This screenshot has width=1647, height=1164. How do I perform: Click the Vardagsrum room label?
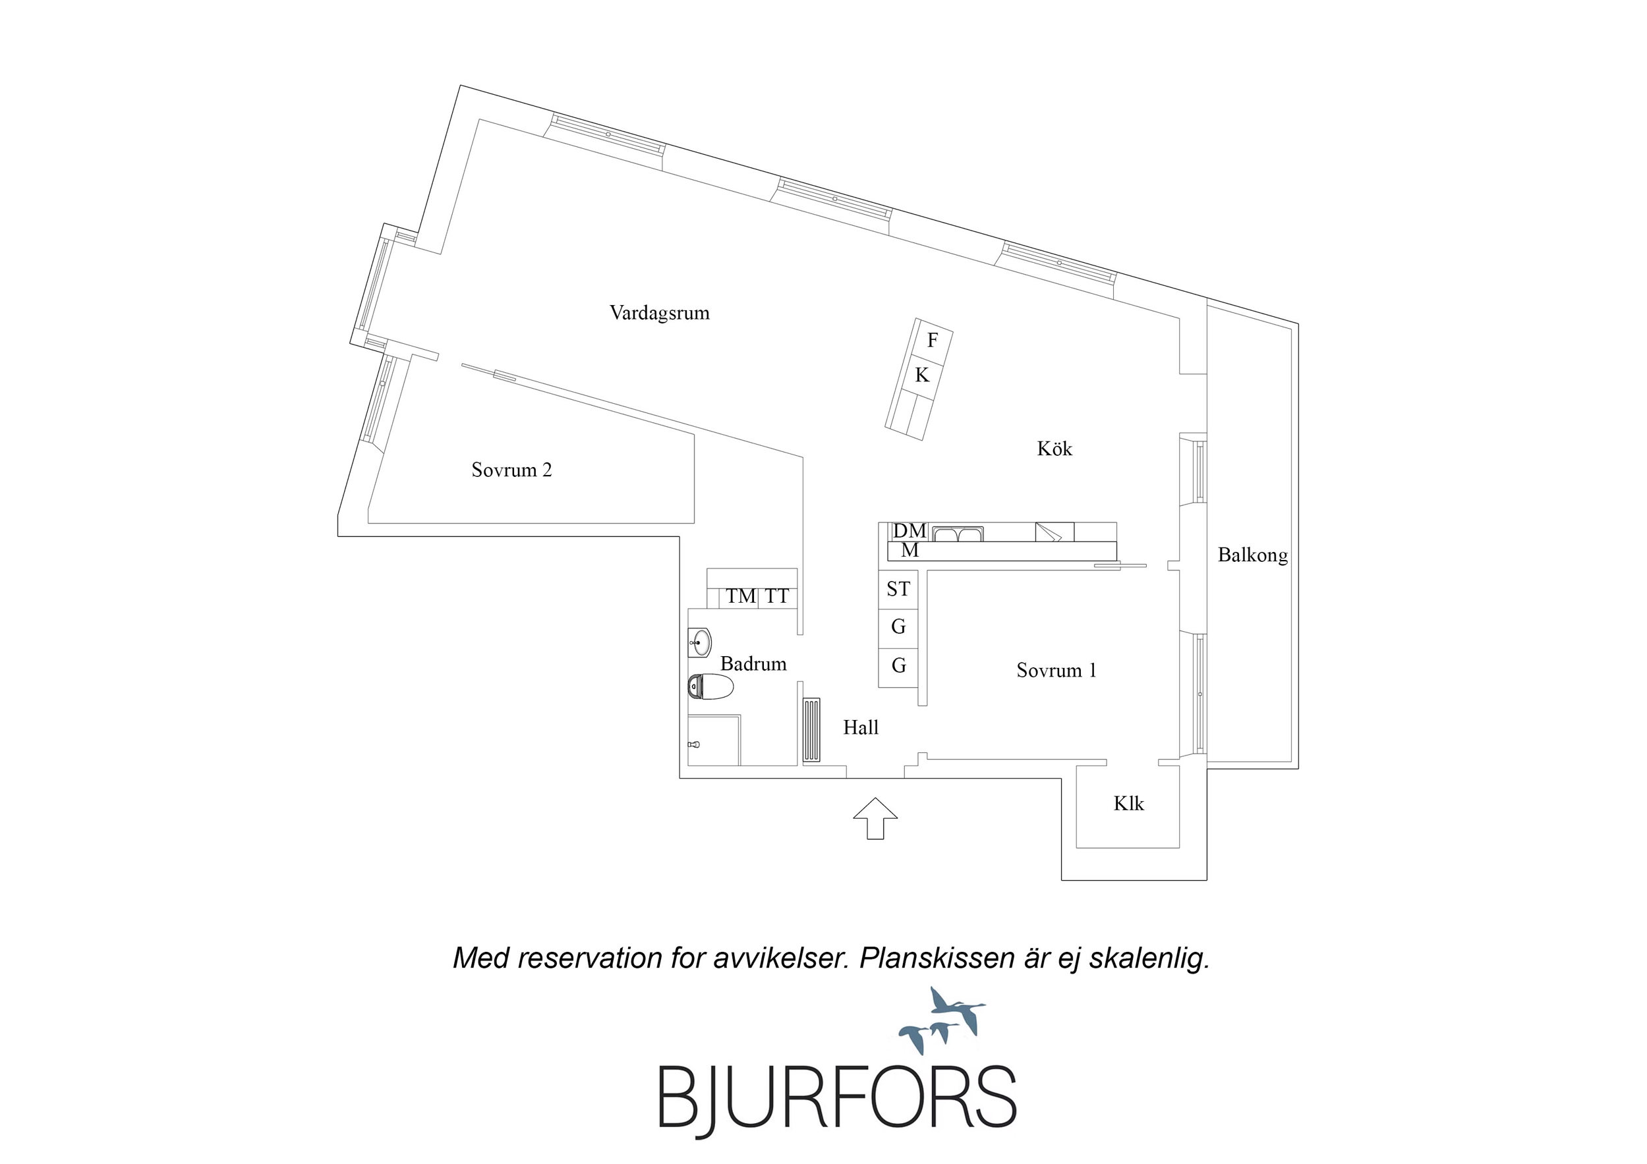[x=659, y=313]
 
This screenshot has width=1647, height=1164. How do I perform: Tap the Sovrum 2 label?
[x=511, y=470]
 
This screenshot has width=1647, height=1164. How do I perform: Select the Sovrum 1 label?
[x=1056, y=670]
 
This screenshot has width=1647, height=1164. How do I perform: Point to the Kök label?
[x=1054, y=449]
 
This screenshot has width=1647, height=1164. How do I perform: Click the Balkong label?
[x=1252, y=555]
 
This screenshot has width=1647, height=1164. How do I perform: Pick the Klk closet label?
[x=1128, y=803]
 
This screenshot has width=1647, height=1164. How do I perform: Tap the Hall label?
[x=860, y=727]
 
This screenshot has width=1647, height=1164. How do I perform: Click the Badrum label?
[x=753, y=663]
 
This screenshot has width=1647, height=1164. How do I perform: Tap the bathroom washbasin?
[x=699, y=640]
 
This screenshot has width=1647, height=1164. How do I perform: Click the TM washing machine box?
[x=740, y=596]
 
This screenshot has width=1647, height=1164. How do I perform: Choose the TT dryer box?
[x=777, y=596]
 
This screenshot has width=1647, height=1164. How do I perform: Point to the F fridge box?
[x=932, y=340]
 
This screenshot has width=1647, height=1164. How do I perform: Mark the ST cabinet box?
[x=898, y=589]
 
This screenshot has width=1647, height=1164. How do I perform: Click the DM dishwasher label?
[x=909, y=531]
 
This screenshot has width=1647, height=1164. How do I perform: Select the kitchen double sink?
[x=958, y=534]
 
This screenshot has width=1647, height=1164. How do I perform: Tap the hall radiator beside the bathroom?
[x=811, y=731]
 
